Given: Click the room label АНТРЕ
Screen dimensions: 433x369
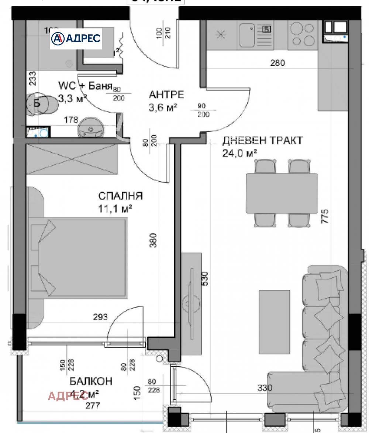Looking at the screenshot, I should click(166, 94).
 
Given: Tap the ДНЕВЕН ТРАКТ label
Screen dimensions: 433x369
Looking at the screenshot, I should click(262, 141).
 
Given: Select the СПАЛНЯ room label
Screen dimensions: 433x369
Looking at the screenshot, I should click(120, 196).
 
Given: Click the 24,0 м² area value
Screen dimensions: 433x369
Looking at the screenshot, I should click(239, 153).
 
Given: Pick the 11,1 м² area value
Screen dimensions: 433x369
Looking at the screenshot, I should click(115, 209).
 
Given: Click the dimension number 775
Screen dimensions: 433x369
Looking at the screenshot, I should click(325, 217).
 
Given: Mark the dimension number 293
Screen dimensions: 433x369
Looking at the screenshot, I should click(100, 317).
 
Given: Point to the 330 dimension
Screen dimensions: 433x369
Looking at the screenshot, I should click(264, 388).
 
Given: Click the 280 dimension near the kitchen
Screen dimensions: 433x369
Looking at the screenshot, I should click(277, 63).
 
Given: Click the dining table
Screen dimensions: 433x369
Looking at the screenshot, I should click(282, 193).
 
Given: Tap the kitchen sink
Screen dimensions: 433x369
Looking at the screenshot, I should click(248, 35).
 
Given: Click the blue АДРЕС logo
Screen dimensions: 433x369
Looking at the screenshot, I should click(76, 38).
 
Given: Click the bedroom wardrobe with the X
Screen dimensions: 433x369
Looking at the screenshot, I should click(72, 160).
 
